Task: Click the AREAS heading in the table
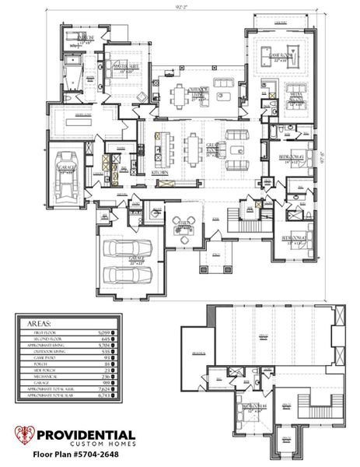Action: point(39,321)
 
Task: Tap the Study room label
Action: point(185,222)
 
